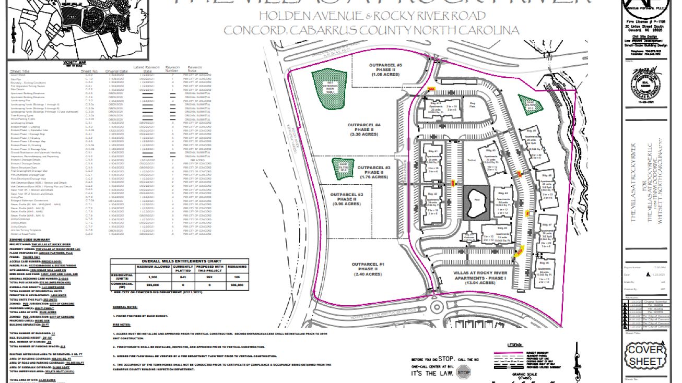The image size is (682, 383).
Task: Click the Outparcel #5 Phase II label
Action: (385, 70)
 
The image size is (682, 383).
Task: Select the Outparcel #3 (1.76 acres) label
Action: (373, 172)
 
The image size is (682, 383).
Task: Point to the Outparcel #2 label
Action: (345, 199)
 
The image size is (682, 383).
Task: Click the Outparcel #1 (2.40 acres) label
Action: (368, 269)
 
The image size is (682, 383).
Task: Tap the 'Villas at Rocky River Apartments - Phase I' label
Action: (468, 277)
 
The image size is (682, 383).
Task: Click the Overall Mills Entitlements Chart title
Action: (167, 261)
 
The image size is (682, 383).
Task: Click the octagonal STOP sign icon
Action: (463, 373)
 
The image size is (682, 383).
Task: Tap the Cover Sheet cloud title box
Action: (645, 355)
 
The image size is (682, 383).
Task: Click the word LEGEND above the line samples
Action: (515, 345)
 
